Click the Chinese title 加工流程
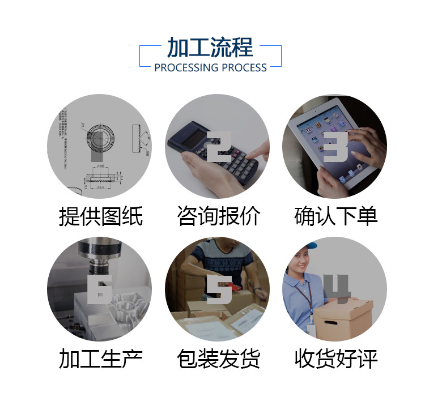[x=210, y=48]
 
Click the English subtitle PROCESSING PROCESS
[x=210, y=68]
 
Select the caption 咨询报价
[x=218, y=216]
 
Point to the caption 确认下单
[x=335, y=216]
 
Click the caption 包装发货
[x=218, y=359]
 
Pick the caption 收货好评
[x=335, y=359]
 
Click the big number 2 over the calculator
[x=218, y=147]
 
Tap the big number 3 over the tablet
[x=336, y=147]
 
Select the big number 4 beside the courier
[x=337, y=289]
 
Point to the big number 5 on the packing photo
[x=219, y=289]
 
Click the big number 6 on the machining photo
[x=100, y=289]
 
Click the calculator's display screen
[x=189, y=134]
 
